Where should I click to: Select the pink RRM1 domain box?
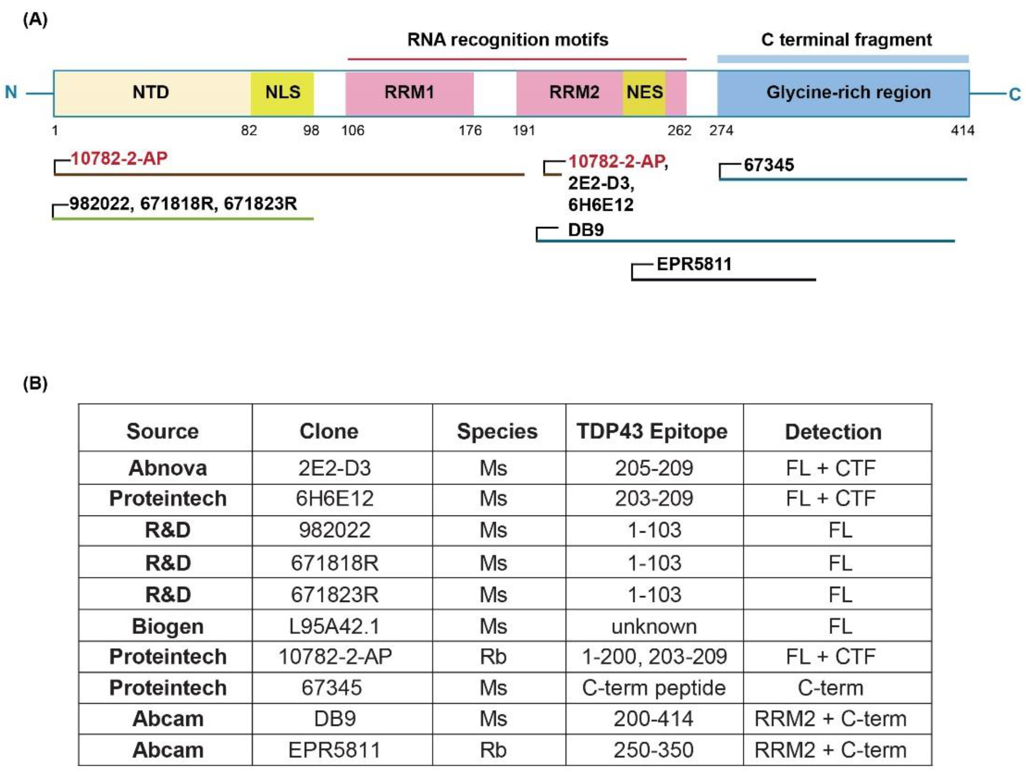[x=409, y=93]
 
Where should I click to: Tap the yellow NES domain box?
[x=644, y=93]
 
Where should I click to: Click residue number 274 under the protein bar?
[x=721, y=131]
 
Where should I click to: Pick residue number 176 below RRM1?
[x=470, y=131]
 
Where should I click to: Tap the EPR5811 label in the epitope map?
[x=694, y=264]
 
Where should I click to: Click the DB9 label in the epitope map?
[x=586, y=230]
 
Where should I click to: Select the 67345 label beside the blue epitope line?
[x=768, y=165]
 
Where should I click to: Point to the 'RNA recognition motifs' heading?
[x=508, y=40]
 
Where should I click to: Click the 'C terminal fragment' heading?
[x=846, y=40]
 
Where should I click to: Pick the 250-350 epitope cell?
[x=654, y=750]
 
